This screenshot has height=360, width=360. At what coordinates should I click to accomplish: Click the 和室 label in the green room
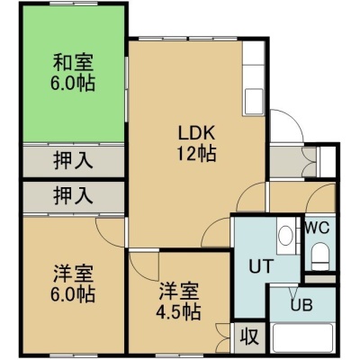74,62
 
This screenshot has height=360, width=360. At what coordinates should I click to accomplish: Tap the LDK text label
197,133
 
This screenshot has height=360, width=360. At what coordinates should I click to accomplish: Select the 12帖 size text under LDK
197,154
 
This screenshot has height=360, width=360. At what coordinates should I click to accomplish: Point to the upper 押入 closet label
73,160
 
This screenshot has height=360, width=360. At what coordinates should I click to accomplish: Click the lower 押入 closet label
73,195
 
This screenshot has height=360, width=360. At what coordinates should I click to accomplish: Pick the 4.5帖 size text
178,312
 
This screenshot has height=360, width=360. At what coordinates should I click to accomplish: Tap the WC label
317,229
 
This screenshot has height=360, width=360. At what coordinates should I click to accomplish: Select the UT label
261,266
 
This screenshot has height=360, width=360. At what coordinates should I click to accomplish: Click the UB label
301,305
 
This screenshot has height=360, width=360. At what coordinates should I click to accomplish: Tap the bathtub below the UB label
302,337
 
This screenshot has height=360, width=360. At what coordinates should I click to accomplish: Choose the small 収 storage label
249,337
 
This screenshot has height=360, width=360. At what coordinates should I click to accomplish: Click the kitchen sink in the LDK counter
254,101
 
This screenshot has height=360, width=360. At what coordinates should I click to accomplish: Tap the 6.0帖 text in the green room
73,83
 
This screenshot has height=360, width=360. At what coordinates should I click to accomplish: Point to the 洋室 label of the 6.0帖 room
74,274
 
